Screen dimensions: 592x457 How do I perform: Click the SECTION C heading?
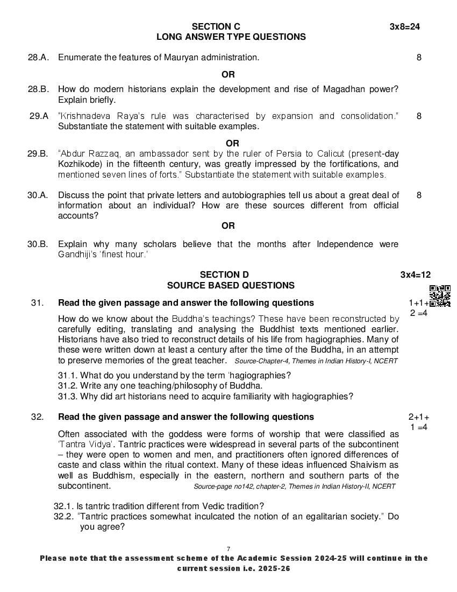click(x=216, y=26)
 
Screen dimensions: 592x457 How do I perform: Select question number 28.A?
click(x=38, y=57)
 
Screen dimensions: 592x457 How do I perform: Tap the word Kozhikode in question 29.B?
click(x=80, y=164)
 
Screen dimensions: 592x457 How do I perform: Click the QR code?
click(x=440, y=295)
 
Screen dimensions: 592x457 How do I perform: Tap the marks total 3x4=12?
click(x=415, y=274)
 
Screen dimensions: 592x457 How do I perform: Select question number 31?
click(x=37, y=302)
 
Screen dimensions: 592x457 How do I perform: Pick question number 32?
click(x=37, y=417)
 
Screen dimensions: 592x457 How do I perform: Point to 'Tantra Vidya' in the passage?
click(x=85, y=444)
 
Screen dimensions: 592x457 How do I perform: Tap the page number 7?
click(x=228, y=548)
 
